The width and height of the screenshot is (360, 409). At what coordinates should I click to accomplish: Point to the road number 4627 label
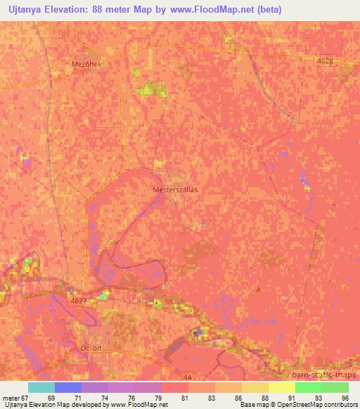[x=79, y=300]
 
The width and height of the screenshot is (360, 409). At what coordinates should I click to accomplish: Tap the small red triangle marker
[x=258, y=288]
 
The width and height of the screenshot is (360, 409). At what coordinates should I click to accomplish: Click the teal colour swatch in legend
[x=41, y=388]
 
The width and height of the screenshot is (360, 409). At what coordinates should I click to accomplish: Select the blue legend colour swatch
[x=67, y=388]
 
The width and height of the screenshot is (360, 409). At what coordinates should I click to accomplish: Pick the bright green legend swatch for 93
[x=309, y=388]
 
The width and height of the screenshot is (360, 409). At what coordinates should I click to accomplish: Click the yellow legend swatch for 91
[x=282, y=388]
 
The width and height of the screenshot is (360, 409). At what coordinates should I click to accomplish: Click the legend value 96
[x=344, y=397]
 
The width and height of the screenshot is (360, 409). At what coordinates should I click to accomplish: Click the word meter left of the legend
[x=11, y=397]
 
